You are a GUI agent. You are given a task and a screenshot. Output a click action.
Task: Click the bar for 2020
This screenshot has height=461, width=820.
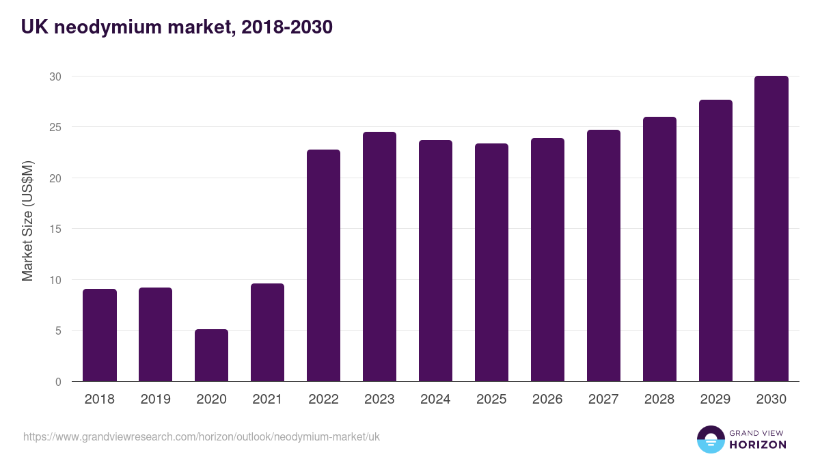(211, 355)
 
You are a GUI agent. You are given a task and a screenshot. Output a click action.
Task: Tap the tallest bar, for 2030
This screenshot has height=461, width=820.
(771, 228)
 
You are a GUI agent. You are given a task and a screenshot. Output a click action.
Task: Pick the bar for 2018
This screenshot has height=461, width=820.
(100, 335)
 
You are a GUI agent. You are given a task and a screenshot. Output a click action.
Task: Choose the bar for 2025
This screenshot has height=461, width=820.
(491, 262)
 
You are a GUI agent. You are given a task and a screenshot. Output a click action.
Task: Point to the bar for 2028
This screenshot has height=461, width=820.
(659, 249)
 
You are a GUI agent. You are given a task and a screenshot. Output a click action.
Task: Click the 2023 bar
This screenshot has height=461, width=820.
(379, 256)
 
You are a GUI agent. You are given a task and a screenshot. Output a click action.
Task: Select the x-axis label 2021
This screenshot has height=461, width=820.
(267, 400)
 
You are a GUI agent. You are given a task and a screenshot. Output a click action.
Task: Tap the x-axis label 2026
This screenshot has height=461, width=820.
(547, 400)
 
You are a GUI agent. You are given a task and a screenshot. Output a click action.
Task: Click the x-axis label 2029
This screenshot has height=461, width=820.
(715, 400)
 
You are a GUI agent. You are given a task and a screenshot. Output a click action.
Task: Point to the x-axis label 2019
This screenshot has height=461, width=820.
(155, 400)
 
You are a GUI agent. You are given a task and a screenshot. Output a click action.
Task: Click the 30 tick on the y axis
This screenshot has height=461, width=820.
(55, 76)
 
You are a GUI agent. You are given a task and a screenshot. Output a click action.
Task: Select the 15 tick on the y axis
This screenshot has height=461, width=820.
(55, 229)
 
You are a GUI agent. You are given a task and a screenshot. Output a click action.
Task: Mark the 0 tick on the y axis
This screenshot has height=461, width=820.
(59, 382)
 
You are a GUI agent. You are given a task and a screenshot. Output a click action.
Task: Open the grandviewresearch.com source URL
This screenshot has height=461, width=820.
(201, 436)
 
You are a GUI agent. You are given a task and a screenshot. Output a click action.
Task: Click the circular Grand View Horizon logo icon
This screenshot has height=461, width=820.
(710, 439)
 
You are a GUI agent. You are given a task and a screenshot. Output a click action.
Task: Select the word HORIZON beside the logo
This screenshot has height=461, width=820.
(758, 445)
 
